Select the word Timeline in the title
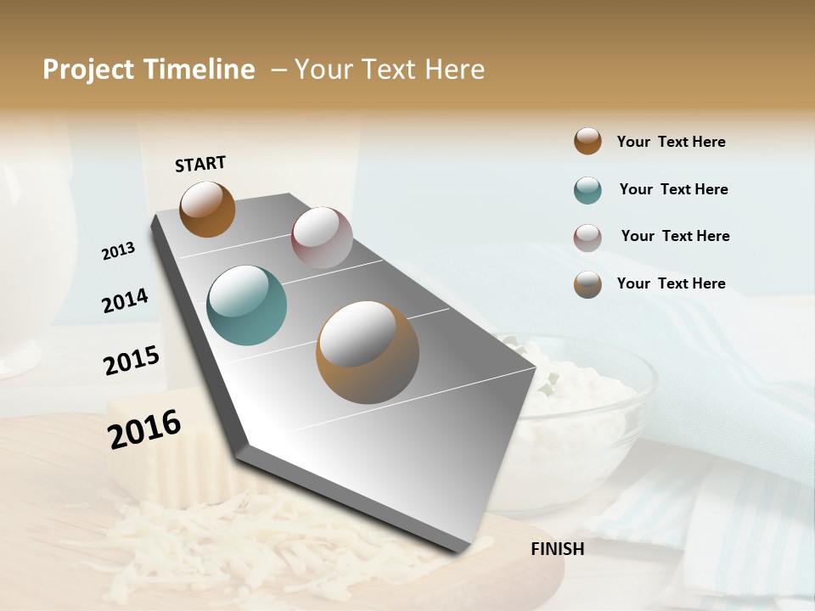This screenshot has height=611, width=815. [x=199, y=70]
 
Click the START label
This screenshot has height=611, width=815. [x=200, y=164]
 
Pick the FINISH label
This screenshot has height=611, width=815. [x=558, y=549]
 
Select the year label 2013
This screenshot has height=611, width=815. [x=118, y=251]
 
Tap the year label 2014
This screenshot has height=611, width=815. [x=125, y=300]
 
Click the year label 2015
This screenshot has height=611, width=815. [x=132, y=361]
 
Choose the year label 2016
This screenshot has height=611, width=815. [x=144, y=429]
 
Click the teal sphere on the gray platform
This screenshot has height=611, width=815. [x=247, y=305]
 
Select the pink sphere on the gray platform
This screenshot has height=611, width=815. [x=322, y=238]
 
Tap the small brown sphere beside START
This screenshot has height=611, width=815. [x=207, y=209]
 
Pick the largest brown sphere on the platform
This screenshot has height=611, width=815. [x=368, y=352]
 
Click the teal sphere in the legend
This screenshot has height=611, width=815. [x=587, y=190]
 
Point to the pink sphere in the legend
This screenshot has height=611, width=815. [x=587, y=238]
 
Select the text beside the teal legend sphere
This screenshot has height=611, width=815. [x=673, y=189]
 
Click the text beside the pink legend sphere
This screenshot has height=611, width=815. [x=675, y=236]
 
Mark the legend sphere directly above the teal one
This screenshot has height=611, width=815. [x=587, y=141]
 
